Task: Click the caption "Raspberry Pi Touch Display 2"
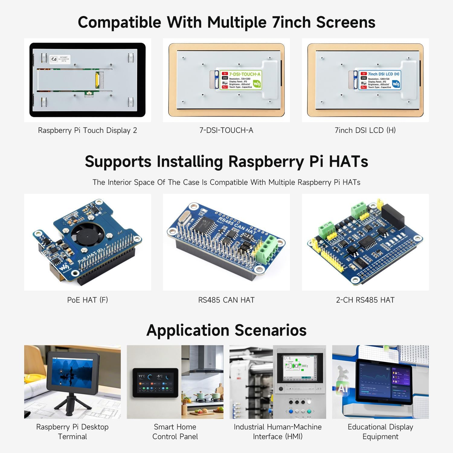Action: pos(87,130)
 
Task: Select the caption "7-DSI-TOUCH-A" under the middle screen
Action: pos(226,130)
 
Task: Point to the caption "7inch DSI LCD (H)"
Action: pos(365,130)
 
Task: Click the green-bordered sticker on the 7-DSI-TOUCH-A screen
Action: pos(241,80)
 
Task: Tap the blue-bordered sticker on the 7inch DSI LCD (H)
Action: pos(380,80)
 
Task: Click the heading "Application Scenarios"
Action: pos(226,330)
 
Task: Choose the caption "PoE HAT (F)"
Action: pos(87,300)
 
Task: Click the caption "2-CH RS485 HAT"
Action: pos(365,300)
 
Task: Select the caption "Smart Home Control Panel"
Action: pos(175,432)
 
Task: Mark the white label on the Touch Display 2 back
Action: pos(60,59)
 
